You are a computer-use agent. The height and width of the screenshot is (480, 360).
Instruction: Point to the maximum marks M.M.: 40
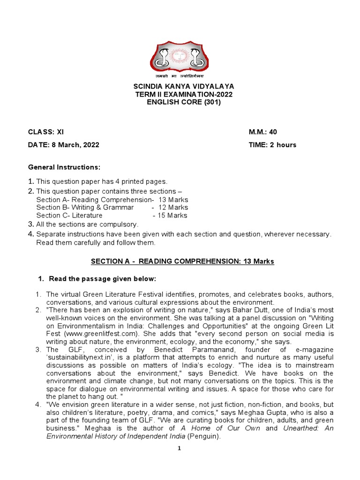coord(266,132)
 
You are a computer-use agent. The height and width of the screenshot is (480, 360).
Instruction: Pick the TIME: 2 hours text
coord(272,145)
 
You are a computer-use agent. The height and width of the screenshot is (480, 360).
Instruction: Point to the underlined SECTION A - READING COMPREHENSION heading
coord(180,262)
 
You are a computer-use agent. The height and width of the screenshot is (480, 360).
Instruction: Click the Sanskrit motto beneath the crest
coord(180,75)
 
